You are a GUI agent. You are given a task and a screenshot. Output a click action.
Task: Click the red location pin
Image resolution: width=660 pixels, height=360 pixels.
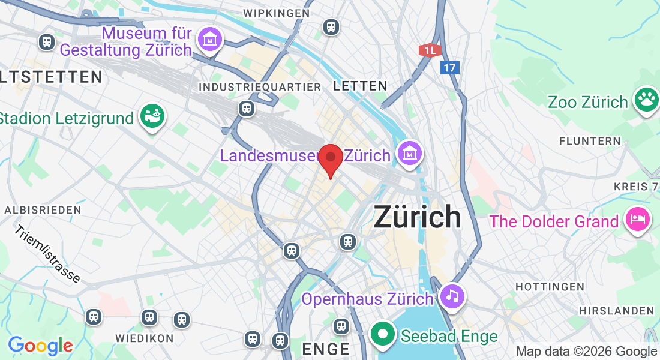(330, 160)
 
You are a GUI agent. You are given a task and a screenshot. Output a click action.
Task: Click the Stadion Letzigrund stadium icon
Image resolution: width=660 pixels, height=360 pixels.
(152, 117)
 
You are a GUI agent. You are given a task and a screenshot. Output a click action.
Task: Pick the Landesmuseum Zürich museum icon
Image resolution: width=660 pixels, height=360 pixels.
(410, 155)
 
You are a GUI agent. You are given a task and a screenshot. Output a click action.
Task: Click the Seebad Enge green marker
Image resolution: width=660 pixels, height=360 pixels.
(382, 335)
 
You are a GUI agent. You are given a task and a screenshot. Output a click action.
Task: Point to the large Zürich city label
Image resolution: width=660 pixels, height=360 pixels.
(417, 216)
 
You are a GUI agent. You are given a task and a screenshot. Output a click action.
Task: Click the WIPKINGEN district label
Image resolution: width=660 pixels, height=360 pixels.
(277, 13)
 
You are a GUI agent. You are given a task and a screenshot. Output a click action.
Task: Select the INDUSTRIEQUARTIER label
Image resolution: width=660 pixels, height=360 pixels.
(260, 87)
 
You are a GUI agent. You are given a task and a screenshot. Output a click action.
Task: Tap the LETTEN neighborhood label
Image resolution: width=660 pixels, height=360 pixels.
(360, 86)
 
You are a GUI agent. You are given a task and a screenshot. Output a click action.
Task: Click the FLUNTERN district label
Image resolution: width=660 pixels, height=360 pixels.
(589, 141)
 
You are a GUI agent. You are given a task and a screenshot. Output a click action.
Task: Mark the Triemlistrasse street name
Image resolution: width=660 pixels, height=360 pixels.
(47, 254)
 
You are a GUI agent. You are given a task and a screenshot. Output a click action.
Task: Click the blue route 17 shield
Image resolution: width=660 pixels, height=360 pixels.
(450, 68)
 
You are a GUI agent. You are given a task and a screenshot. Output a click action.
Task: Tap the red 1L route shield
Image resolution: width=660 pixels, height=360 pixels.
(430, 50)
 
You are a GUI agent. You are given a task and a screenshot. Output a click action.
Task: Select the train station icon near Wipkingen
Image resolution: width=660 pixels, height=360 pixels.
(331, 26)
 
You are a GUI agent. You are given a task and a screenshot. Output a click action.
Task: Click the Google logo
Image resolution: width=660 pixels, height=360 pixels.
(40, 346)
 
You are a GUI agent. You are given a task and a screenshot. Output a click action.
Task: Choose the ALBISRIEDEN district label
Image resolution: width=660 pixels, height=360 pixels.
(43, 210)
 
